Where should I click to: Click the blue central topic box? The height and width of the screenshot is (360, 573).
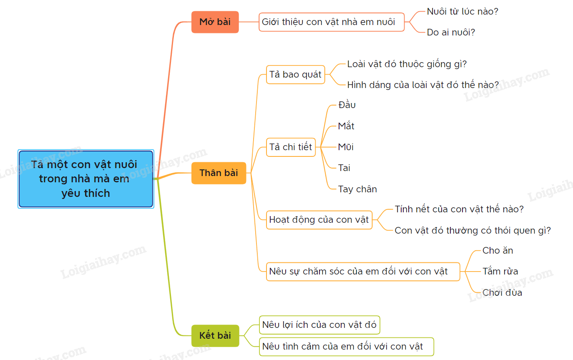coord(85,179)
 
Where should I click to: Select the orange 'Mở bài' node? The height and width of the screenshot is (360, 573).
coord(215,22)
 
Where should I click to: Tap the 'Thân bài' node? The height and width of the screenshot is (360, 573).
coord(219,173)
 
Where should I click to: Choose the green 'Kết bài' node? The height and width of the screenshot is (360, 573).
coord(215,335)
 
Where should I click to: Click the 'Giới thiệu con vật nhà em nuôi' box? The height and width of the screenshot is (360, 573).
coord(332,22)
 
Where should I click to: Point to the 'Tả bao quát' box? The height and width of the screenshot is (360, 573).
coord(295,75)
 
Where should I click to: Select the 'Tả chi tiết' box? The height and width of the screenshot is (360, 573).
coord(291,147)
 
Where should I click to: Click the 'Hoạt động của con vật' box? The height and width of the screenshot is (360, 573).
coord(319,220)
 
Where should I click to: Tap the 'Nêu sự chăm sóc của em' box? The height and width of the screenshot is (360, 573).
coord(363,272)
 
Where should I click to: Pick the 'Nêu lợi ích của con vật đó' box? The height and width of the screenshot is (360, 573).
coord(319,325)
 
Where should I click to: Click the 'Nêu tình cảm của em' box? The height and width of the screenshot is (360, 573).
coord(346,347)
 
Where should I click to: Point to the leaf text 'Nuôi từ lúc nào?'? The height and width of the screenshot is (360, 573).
coord(462,12)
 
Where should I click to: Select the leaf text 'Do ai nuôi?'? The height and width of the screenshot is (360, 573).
coord(451,33)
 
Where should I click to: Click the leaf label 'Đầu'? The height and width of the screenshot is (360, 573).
coord(347,105)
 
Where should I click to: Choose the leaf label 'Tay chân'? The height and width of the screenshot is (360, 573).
coord(357,189)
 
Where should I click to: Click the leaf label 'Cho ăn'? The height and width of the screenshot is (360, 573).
coord(498,251)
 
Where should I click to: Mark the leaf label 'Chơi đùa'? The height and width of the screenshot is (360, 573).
coord(502,293)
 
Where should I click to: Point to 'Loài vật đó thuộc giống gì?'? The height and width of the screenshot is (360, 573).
coord(407,64)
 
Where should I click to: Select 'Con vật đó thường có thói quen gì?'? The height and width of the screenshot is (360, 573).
coord(472,230)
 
